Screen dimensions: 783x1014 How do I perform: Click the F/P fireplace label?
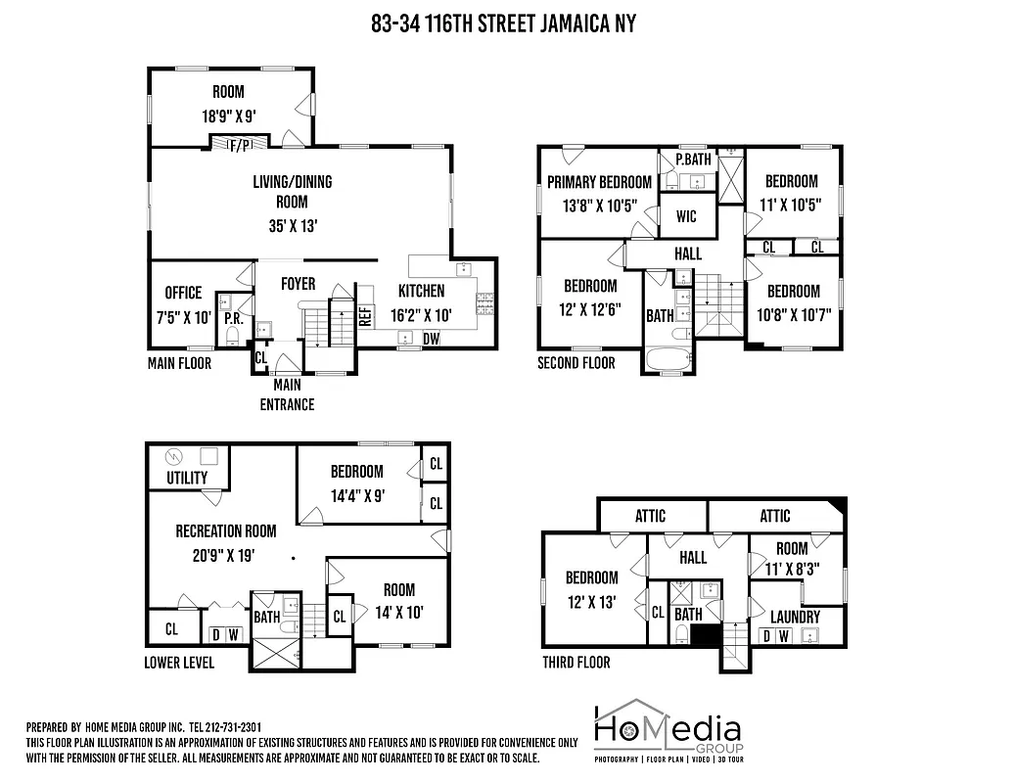pyautogui.click(x=240, y=145)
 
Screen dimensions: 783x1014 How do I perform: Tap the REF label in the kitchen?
pyautogui.click(x=365, y=315)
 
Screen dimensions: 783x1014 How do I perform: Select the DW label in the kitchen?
pyautogui.click(x=431, y=339)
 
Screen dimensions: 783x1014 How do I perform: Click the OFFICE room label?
pyautogui.click(x=183, y=293)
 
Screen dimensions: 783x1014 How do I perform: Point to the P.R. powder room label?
pyautogui.click(x=233, y=318)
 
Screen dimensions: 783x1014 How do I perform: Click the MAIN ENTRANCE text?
pyautogui.click(x=287, y=394)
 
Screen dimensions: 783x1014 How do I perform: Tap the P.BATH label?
pyautogui.click(x=692, y=160)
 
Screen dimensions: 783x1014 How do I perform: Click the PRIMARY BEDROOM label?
pyautogui.click(x=599, y=181)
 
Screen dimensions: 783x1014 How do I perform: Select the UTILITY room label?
pyautogui.click(x=187, y=478)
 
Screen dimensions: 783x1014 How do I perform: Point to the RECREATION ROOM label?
pyautogui.click(x=226, y=530)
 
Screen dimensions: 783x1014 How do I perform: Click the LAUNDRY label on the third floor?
pyautogui.click(x=795, y=617)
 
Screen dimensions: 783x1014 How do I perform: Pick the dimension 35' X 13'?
pyautogui.click(x=292, y=225)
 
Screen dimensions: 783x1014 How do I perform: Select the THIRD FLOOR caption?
pyautogui.click(x=576, y=663)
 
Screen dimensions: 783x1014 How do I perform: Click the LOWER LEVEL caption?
pyautogui.click(x=179, y=663)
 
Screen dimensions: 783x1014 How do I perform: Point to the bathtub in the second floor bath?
pyautogui.click(x=668, y=358)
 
